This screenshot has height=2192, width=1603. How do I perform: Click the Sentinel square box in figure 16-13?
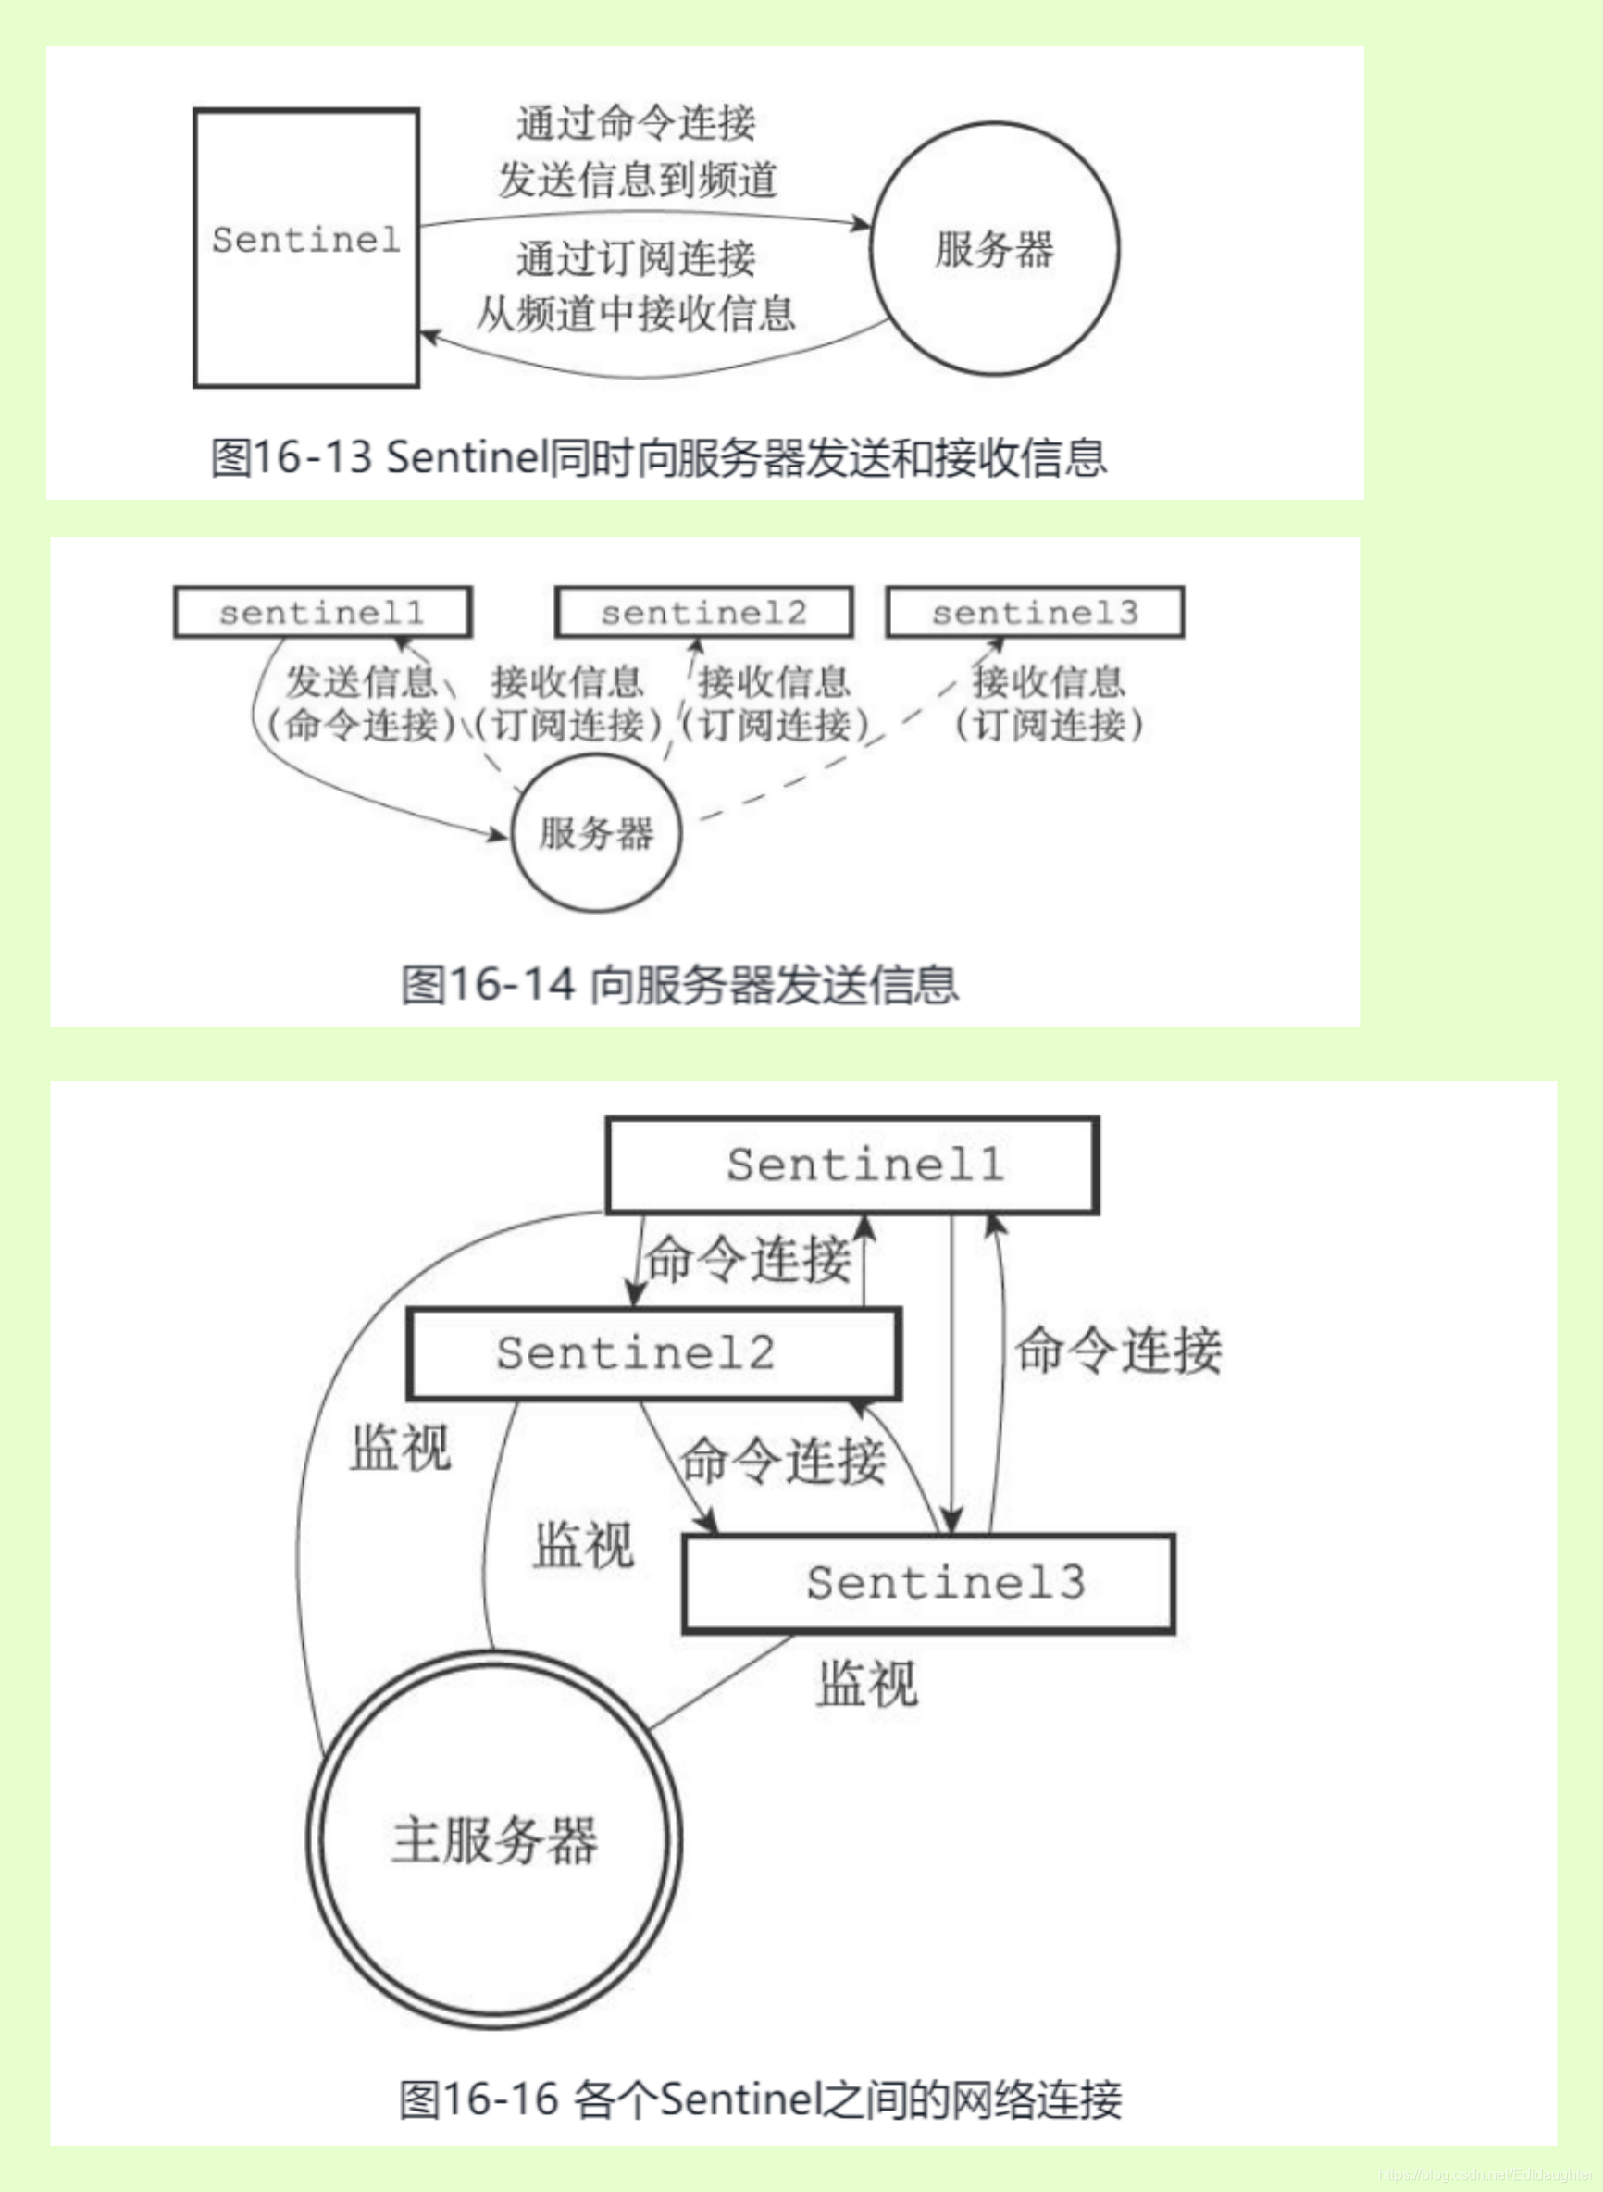pos(305,247)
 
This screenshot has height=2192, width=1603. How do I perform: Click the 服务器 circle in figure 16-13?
pos(994,248)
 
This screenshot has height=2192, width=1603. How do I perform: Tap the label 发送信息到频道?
pos(638,180)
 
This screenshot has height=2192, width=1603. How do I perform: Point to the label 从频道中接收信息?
pos(636,314)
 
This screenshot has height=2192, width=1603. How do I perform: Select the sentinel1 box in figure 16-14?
pos(322,612)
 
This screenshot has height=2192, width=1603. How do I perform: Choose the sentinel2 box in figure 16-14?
pos(703,612)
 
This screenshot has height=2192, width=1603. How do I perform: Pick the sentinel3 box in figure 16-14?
pos(1035,612)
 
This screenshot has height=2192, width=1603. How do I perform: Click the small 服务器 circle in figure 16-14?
pos(596,833)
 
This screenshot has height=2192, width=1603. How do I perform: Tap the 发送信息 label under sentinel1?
pos(360,682)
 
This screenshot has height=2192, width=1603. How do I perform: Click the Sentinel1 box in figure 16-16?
pos(852,1164)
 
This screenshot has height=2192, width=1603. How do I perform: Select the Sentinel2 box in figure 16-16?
pos(654,1353)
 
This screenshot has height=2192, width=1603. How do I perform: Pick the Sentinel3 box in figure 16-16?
pos(928,1583)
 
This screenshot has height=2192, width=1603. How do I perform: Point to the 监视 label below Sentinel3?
pos(866,1684)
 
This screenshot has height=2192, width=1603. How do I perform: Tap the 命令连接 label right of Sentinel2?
pos(1118,1350)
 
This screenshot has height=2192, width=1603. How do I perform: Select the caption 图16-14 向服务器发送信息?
pos(679,985)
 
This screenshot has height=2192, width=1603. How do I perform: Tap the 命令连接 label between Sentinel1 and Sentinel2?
pos(749,1260)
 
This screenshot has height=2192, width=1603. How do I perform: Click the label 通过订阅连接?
pos(636,258)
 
